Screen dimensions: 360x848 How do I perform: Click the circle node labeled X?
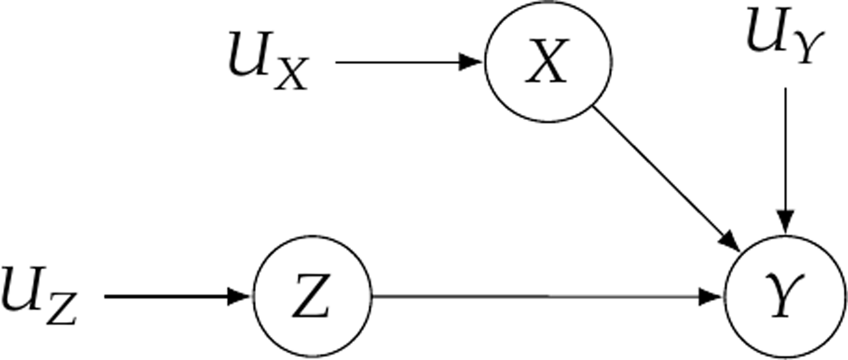[548, 62]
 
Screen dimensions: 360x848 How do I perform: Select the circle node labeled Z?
[312, 296]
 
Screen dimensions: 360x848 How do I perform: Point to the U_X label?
[268, 61]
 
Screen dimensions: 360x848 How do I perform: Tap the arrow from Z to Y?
[543, 296]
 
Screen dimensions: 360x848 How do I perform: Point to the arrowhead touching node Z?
[238, 296]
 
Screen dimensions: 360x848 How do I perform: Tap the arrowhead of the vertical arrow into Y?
[786, 221]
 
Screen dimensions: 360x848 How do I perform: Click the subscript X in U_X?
[291, 74]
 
